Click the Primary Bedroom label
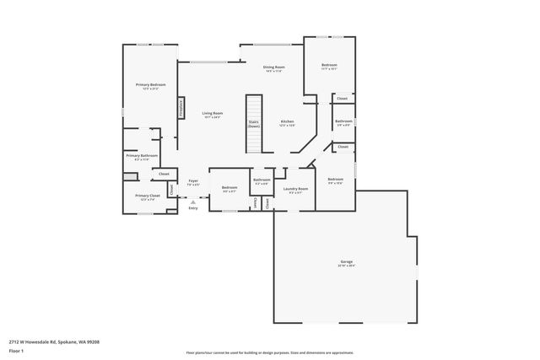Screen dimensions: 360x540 [x=152, y=85]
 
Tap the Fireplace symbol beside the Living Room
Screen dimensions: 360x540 [x=180, y=110]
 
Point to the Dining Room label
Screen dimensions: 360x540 [x=273, y=67]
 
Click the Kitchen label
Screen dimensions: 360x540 [x=287, y=121]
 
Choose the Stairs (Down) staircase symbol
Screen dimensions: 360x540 [x=253, y=123]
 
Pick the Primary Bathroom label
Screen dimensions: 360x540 [x=142, y=155]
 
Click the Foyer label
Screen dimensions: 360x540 [x=193, y=180]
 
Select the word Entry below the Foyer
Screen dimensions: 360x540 [x=193, y=207]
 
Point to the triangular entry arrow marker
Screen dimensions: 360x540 [x=193, y=201]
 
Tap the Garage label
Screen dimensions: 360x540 [x=346, y=262]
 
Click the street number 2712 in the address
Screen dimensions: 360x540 [x=14, y=341]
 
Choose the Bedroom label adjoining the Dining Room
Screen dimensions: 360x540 [x=329, y=65]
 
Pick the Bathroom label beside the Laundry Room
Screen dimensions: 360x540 [x=262, y=179]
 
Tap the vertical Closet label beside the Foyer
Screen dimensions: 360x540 [x=171, y=190]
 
